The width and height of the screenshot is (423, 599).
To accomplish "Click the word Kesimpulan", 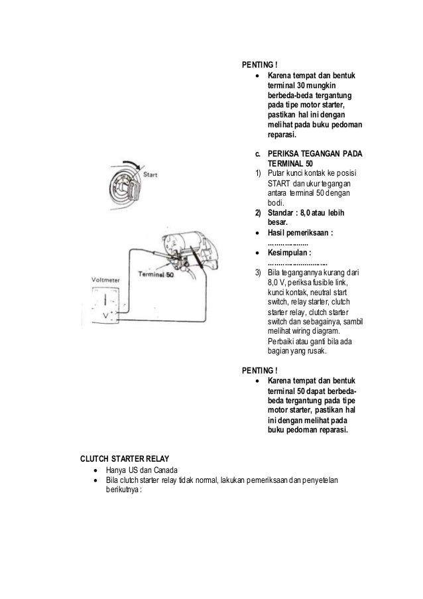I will coord(289,252).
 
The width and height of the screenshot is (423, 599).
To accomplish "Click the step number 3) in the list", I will coord(257,273).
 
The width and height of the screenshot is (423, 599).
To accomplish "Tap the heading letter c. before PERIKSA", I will coord(258,154).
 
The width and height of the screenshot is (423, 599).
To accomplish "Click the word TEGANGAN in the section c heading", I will coord(324,154).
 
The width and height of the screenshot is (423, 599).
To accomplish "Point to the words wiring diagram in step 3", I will coord(313,331).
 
